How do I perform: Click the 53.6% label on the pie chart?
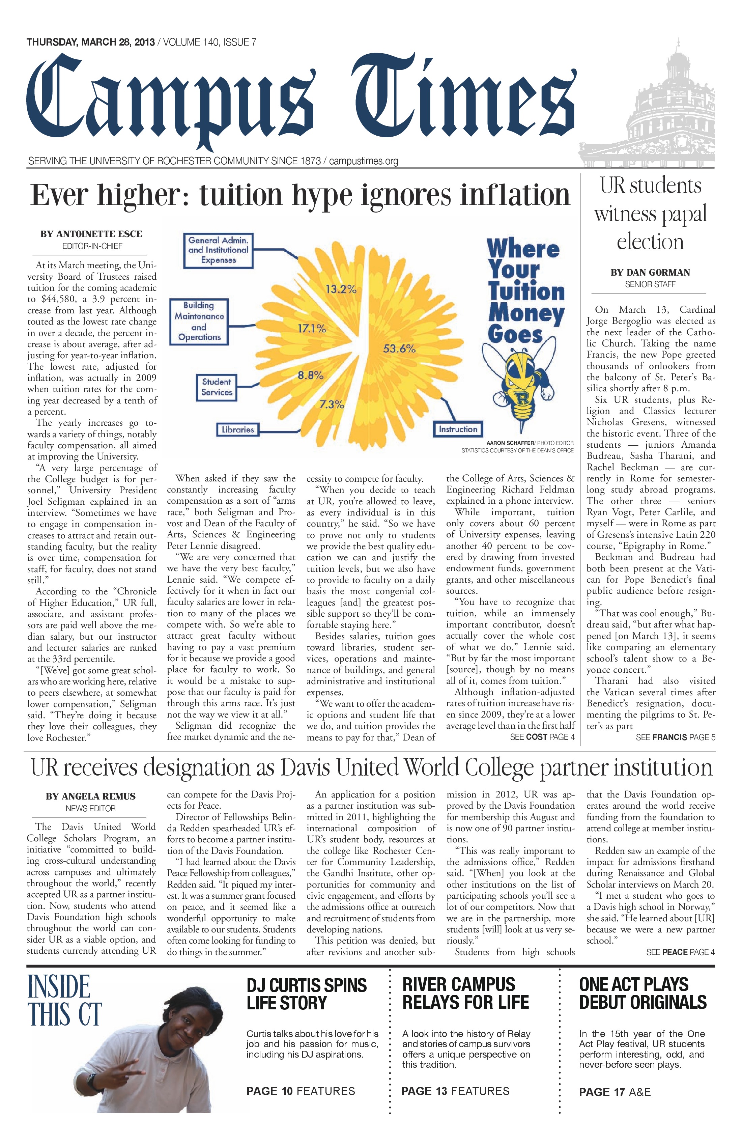point(399,348)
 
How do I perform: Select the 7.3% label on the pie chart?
point(332,404)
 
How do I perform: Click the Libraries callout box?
point(237,429)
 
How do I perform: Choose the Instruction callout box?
point(457,429)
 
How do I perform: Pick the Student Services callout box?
point(217,387)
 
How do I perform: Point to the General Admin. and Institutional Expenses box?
point(218,250)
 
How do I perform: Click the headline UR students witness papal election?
point(651,214)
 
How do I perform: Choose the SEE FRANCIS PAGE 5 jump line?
point(676,737)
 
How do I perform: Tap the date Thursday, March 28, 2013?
point(91,43)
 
